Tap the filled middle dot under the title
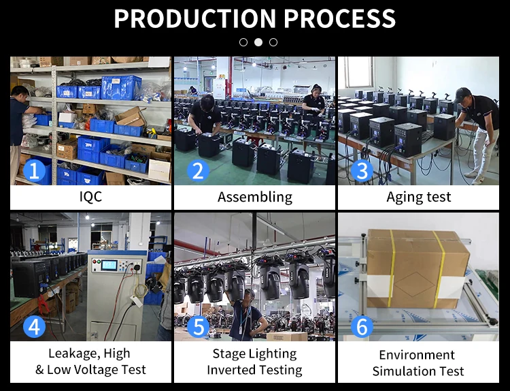click(258, 42)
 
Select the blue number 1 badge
click(34, 170)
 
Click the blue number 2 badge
click(197, 170)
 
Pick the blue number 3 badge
click(362, 170)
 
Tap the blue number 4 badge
click(34, 327)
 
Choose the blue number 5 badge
click(197, 327)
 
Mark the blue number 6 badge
click(362, 327)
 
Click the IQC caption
click(90, 198)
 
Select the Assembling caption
click(255, 198)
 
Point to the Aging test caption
click(419, 198)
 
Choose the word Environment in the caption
click(417, 355)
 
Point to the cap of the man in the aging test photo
click(463, 93)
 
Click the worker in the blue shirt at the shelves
click(18, 126)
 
